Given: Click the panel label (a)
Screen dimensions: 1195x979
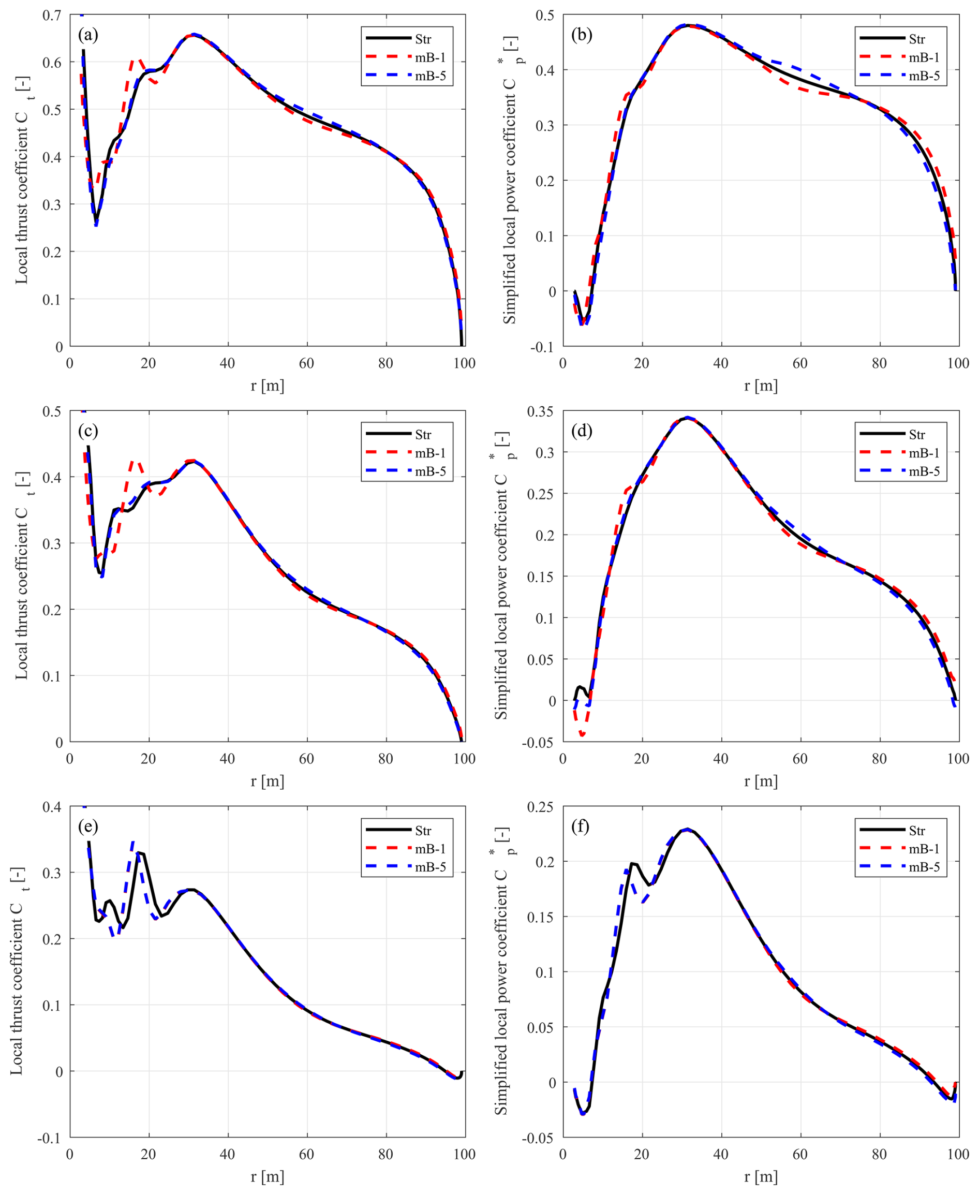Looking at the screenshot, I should pos(88,36).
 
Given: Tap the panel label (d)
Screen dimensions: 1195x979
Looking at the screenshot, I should pos(582,431).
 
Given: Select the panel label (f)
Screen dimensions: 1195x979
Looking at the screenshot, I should pos(580,827).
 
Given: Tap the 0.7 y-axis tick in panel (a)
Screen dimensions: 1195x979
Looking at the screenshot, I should pos(52,15).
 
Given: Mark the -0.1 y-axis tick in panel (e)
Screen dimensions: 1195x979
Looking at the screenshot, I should pos(49,1138).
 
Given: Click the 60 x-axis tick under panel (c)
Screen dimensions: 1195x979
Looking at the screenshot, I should pos(307,759).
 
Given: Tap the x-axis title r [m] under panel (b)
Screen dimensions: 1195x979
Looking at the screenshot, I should pos(761,386).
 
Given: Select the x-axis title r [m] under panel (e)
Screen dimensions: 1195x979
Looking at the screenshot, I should pos(268,1177).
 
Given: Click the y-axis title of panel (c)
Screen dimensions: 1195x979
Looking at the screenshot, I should pos(21,575).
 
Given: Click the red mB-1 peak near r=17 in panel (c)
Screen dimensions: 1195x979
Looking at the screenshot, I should pos(134,461).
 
